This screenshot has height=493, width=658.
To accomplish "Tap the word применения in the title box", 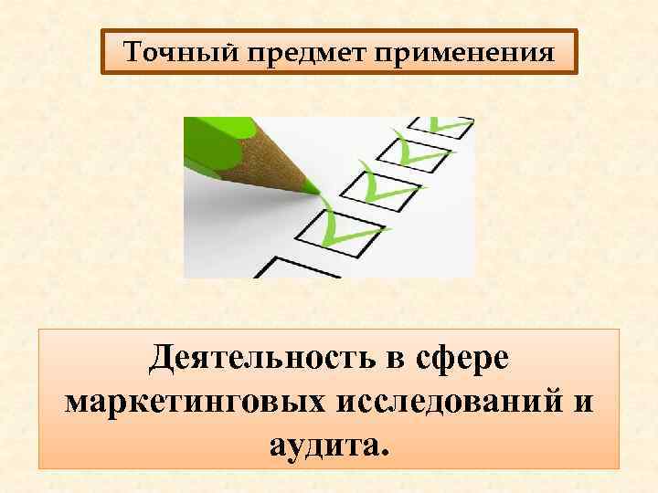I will point(457,53).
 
